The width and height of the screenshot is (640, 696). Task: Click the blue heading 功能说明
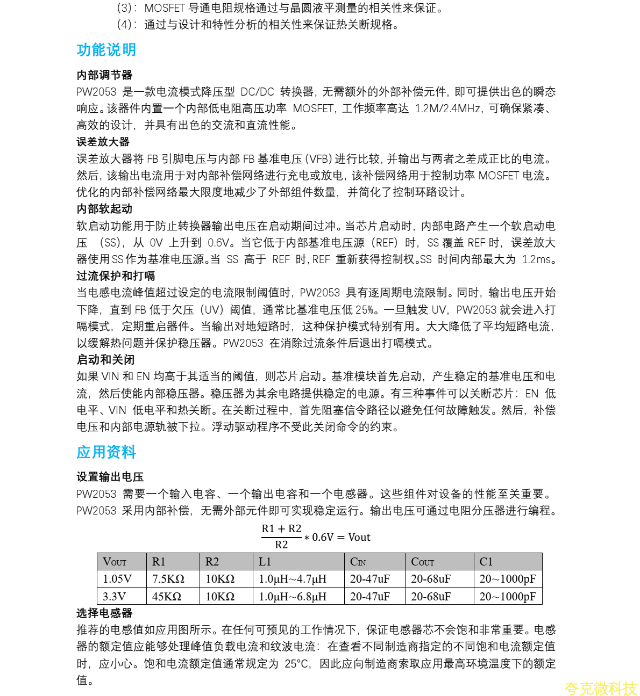[x=106, y=50]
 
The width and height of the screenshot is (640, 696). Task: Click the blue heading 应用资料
[x=106, y=452]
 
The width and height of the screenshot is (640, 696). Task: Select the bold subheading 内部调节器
[x=104, y=75]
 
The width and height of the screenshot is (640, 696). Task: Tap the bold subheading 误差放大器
[x=103, y=142]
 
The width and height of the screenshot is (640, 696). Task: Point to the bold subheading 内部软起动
[x=104, y=209]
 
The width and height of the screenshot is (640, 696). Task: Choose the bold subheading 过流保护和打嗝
[x=116, y=276]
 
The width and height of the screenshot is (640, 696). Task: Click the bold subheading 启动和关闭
[x=105, y=360]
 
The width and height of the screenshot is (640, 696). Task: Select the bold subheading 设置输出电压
[x=110, y=477]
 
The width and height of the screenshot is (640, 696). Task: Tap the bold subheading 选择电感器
[x=104, y=613]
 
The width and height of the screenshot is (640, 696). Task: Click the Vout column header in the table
[x=115, y=562]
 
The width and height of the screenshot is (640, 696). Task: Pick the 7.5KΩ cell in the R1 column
[x=168, y=579]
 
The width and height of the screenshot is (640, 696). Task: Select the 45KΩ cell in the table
[x=167, y=597]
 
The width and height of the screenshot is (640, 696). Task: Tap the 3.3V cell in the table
[x=115, y=597]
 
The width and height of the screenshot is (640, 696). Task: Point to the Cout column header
[x=423, y=562]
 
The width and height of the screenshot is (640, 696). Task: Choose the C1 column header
[x=486, y=562]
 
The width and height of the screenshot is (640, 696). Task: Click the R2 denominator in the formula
[x=281, y=545]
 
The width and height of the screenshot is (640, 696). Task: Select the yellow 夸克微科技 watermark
[x=600, y=688]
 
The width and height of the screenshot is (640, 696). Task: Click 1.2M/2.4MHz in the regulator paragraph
[x=448, y=108]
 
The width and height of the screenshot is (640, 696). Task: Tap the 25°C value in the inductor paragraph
[x=297, y=664]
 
